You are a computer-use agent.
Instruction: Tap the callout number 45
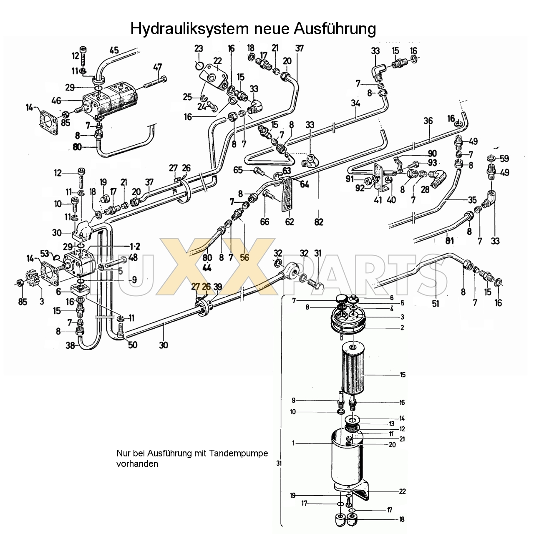click(x=113, y=50)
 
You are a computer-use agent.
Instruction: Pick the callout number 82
click(x=319, y=222)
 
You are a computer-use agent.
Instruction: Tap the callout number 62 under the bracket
click(x=289, y=222)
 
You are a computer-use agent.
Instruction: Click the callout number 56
click(x=244, y=257)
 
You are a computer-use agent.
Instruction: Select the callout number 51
click(x=435, y=304)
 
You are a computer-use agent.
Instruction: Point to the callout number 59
click(x=504, y=159)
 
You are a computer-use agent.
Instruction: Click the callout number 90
click(x=432, y=154)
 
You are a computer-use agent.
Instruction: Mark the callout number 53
click(x=45, y=253)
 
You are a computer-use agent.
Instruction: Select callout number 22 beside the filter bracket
click(x=402, y=491)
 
